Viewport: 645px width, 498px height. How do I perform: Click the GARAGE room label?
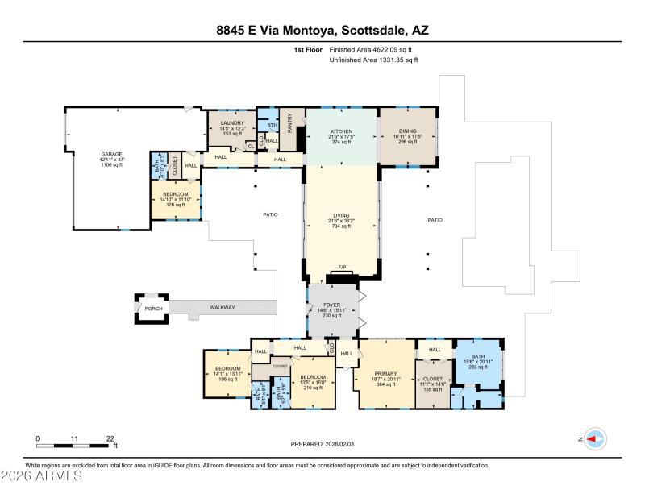[x=111, y=154]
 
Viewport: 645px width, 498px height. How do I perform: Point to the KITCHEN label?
[x=341, y=131]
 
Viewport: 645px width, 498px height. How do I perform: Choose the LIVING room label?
[x=341, y=216]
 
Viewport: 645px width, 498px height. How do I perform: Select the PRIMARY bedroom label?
[x=385, y=374]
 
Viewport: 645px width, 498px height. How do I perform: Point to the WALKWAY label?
[x=223, y=307]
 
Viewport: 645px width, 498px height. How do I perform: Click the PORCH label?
[x=153, y=308]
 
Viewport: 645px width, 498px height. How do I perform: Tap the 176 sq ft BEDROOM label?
[x=176, y=194]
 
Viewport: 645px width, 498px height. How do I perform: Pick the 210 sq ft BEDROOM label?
[x=313, y=377]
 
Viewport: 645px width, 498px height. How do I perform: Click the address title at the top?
[x=322, y=30]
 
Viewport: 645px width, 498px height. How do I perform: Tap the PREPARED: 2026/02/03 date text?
[x=322, y=444]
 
